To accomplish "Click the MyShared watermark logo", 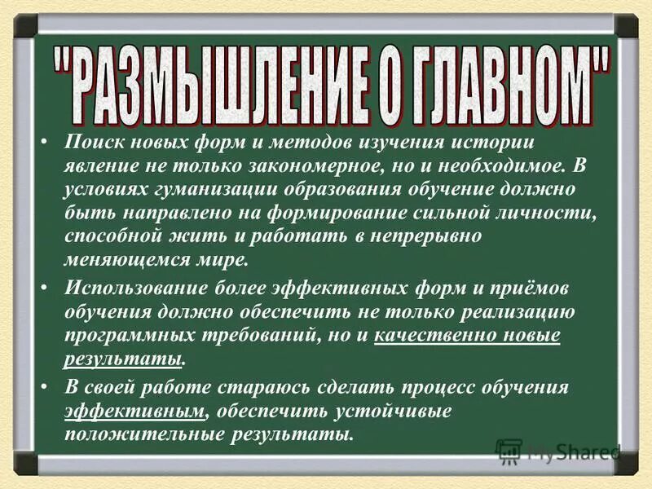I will (x=558, y=452).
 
